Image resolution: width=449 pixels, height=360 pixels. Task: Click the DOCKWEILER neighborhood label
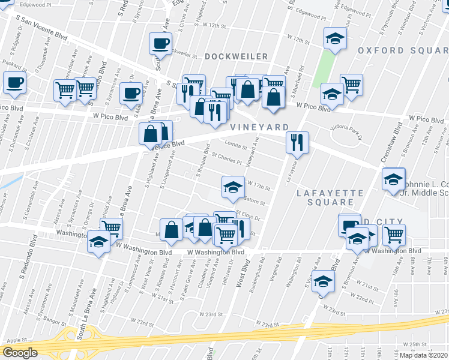coord(236,56)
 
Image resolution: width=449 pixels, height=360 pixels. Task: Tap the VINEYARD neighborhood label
coord(259,127)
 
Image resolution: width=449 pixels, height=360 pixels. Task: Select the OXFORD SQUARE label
coord(402,50)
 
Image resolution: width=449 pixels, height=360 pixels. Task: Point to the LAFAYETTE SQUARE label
coord(331,197)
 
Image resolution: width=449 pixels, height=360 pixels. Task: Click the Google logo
coord(20,352)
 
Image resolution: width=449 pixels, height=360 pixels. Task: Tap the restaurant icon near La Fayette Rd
coord(297,143)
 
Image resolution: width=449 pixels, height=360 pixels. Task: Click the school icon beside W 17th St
coord(233,187)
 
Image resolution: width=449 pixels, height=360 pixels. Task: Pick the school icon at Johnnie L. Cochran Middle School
coord(393,179)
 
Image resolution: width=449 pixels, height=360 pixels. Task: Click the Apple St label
coord(17,340)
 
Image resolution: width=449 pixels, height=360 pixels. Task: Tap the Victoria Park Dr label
coord(347,128)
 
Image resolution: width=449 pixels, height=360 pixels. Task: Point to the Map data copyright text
coord(423,355)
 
